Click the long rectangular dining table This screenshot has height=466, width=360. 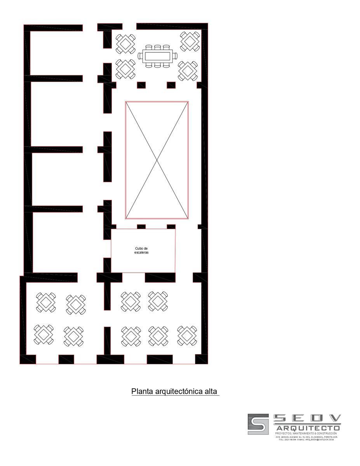pos(157,56)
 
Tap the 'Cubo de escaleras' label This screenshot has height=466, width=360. pos(141,250)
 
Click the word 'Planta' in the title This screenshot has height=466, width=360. pos(143,391)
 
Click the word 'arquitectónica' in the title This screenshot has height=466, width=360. pos(177,391)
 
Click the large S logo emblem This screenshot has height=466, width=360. pos(258,424)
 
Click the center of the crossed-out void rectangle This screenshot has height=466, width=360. pos(157,160)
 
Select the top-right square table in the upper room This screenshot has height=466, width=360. pos(190,41)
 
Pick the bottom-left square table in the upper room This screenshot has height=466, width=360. pos(125,69)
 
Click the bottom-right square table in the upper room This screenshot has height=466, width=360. pos(188,70)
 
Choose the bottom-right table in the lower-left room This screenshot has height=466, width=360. pos(74,336)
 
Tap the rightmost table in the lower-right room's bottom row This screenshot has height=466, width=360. pos(187,336)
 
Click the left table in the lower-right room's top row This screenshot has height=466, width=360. pos(130,301)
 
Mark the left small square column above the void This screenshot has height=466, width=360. pos(141,85)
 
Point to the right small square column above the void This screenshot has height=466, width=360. pos(171,85)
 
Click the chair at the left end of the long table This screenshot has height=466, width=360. pos(140,56)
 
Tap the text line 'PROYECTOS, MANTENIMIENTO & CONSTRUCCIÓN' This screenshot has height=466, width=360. pos(306,433)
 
